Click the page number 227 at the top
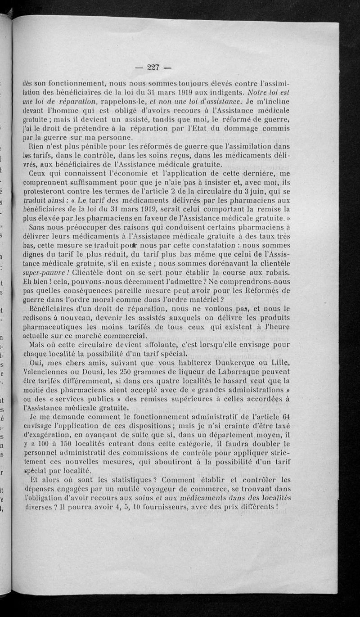pyautogui.click(x=153, y=68)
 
